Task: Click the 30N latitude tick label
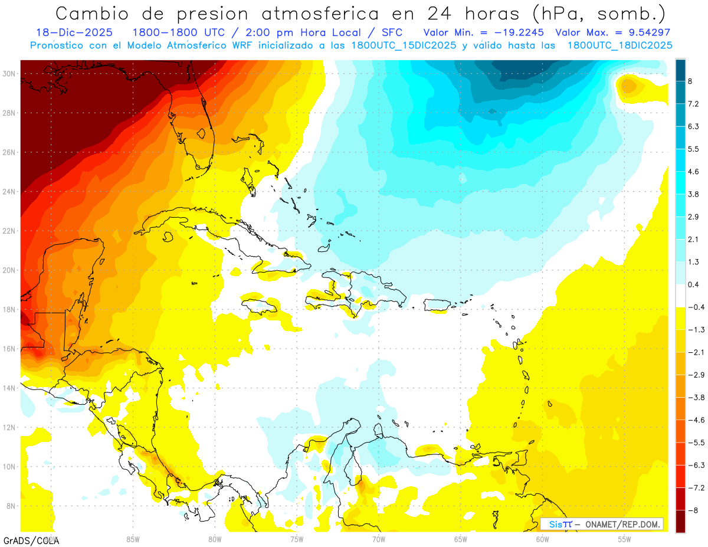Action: tap(9, 74)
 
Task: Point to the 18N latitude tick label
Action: tap(9, 309)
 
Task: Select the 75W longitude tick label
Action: tap(296, 539)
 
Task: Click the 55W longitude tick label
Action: tap(624, 539)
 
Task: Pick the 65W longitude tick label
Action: tap(460, 539)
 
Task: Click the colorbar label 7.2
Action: tap(693, 104)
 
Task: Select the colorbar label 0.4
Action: tap(693, 284)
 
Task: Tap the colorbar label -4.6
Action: tap(694, 420)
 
